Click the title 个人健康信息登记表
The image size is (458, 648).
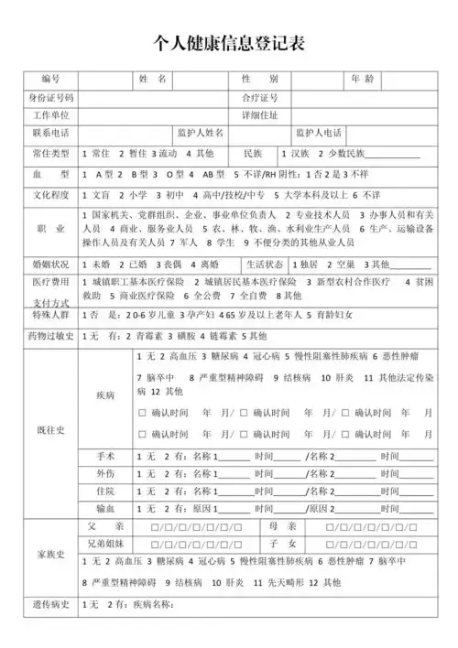point(229,42)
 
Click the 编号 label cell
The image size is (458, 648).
point(50,80)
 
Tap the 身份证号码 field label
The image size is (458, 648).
point(50,97)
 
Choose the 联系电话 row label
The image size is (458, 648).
point(50,133)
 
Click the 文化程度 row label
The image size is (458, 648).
point(50,195)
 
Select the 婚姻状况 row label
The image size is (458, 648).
point(50,264)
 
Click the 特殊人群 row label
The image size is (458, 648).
point(50,314)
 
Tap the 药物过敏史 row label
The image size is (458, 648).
point(50,337)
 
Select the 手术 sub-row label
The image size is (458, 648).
point(106,457)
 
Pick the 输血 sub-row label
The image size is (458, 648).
point(106,508)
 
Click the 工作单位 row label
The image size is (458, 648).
point(50,115)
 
